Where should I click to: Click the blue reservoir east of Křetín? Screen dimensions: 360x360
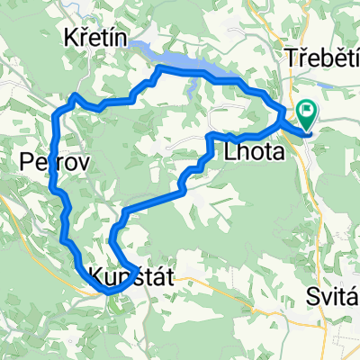click(x=193, y=67)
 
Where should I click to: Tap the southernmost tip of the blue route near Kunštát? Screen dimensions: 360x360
click(x=108, y=292)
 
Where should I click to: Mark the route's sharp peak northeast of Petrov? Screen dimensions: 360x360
click(x=76, y=94)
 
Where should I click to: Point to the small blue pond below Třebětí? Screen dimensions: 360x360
click(x=329, y=80)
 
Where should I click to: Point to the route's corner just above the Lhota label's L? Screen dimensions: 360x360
click(x=210, y=135)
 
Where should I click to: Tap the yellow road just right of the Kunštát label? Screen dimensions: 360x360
click(x=193, y=279)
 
